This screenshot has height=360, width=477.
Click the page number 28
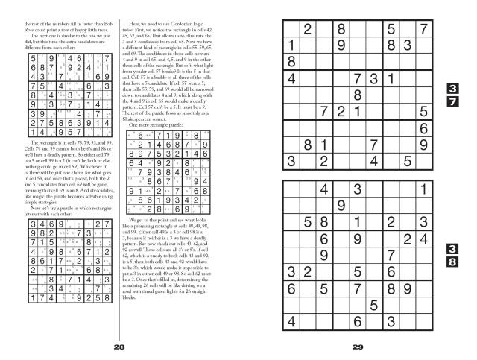(119, 347)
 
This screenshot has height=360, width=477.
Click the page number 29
(358, 347)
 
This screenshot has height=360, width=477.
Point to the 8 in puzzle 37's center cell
(357, 95)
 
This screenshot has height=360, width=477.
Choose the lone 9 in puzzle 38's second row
(341, 206)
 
